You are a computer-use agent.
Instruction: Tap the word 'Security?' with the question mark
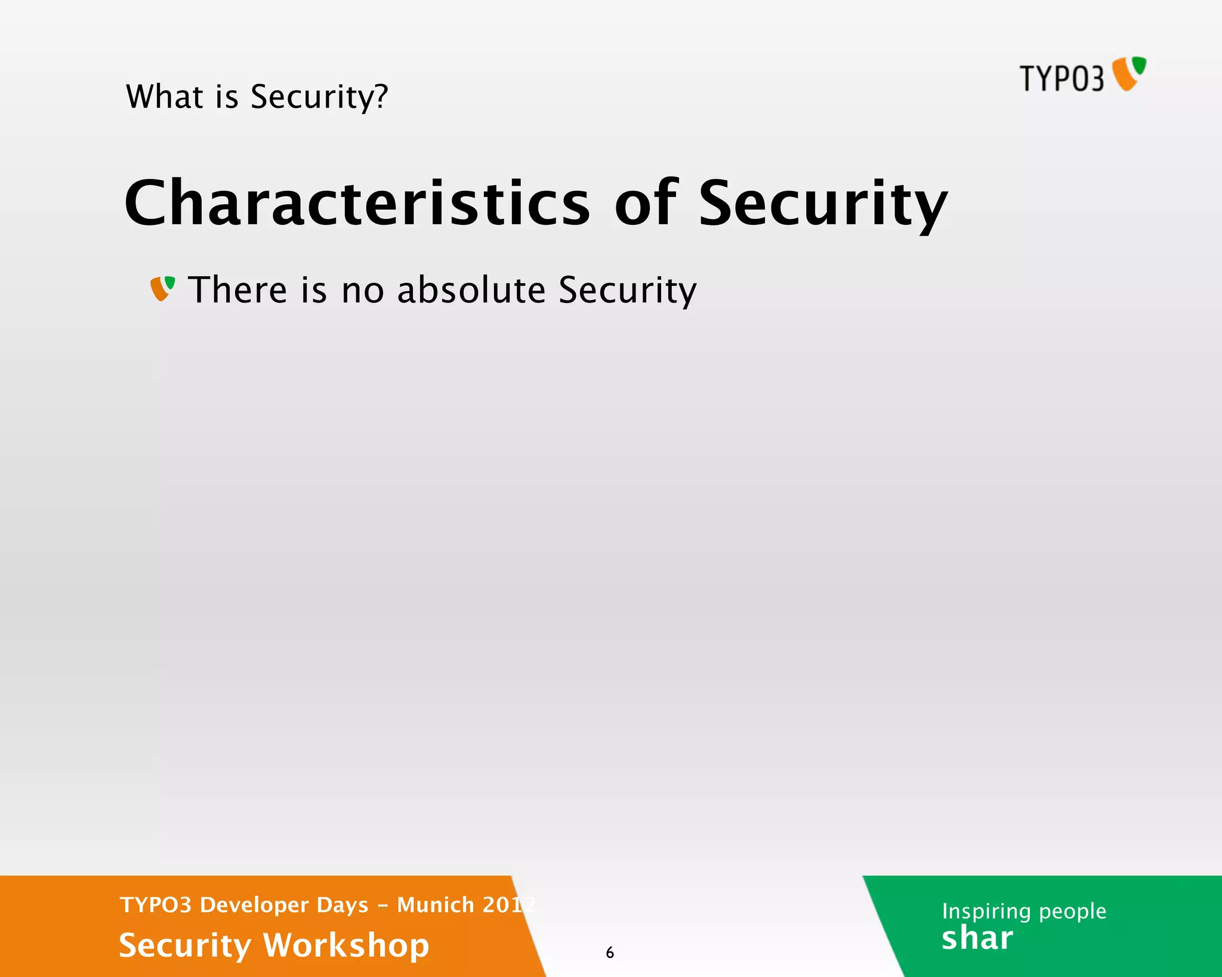(319, 98)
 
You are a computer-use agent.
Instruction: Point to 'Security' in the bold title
(823, 205)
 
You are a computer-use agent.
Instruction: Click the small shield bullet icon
(162, 289)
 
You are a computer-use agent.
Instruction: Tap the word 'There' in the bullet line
(238, 290)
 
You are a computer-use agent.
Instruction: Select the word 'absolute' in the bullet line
(471, 290)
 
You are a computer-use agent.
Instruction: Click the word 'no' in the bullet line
(363, 291)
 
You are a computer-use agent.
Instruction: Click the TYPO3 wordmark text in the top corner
(1061, 78)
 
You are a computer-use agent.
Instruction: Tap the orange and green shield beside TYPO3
(1129, 73)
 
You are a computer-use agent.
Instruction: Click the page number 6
(610, 953)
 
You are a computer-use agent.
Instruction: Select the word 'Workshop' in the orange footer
(346, 945)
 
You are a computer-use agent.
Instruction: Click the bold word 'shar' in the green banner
(977, 938)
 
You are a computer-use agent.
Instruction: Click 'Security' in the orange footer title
(185, 946)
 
